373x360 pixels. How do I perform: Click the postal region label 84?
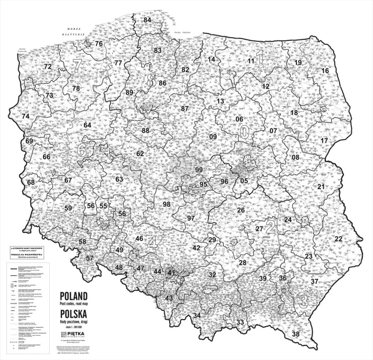147,20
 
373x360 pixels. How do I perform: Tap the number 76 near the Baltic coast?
98,44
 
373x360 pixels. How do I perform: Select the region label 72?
48,66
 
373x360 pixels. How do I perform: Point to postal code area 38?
296,333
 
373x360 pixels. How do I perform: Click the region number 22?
338,239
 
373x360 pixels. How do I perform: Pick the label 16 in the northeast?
325,71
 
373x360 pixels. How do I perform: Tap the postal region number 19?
298,63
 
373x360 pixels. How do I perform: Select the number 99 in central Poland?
199,170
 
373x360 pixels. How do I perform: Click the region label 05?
244,181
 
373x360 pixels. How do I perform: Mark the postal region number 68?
31,182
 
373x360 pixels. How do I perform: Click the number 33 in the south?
240,322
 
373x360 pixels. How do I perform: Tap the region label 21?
321,187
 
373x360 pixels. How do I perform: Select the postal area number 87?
185,109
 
